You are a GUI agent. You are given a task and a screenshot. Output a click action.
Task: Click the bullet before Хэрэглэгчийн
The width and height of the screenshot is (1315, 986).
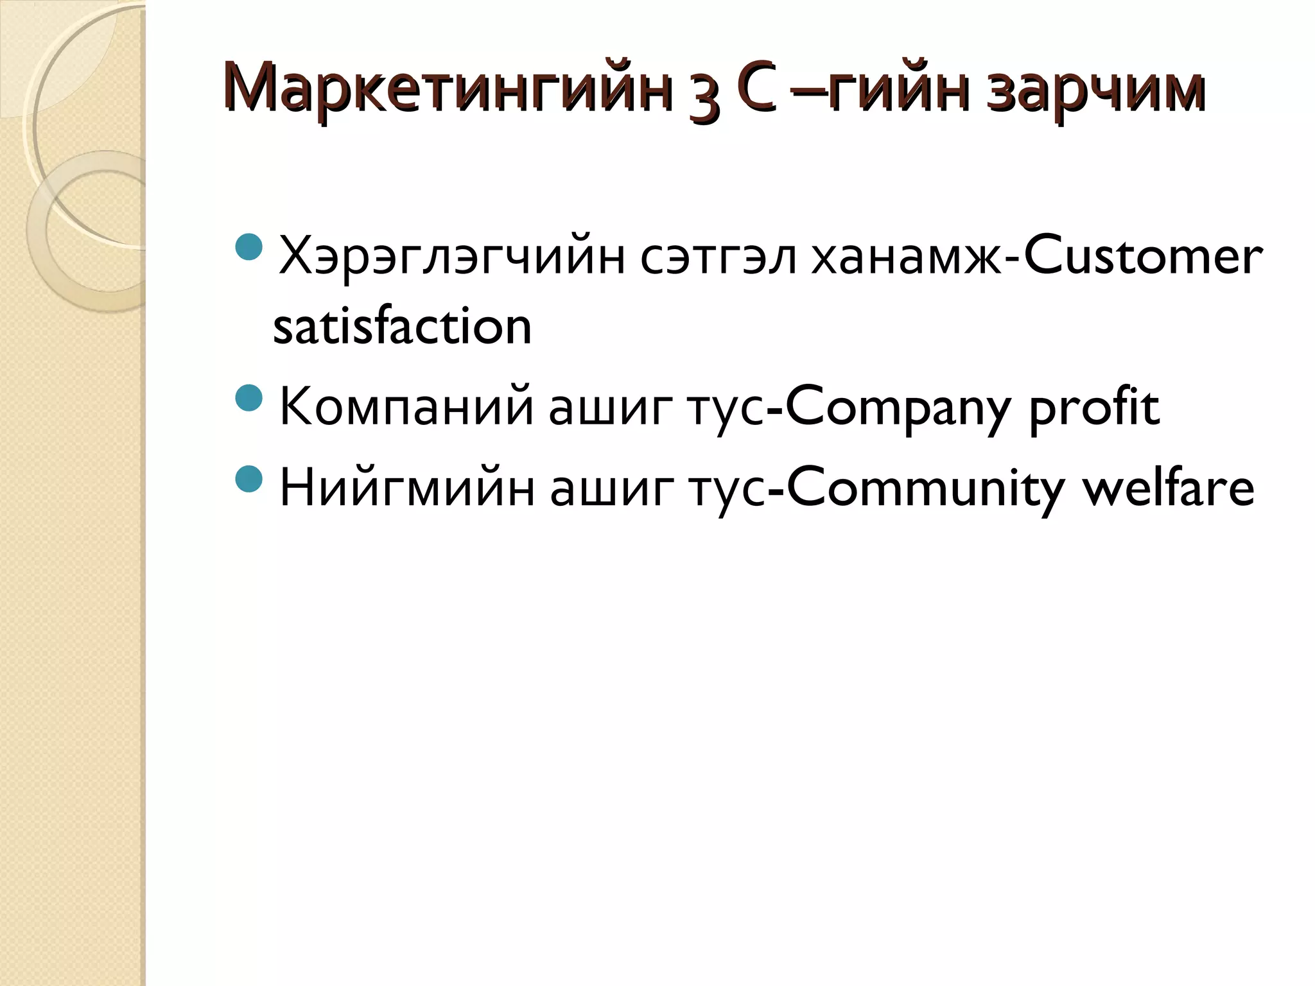(249, 247)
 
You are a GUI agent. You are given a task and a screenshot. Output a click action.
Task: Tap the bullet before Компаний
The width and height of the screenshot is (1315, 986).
(249, 398)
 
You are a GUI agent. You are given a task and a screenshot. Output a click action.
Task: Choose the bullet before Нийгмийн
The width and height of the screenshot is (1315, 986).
(249, 479)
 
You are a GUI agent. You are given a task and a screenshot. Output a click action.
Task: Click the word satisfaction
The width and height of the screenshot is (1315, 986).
(403, 326)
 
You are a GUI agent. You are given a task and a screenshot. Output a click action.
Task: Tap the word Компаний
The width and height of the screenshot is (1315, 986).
(406, 407)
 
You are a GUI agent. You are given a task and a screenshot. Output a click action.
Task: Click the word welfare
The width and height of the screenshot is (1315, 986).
(1168, 488)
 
